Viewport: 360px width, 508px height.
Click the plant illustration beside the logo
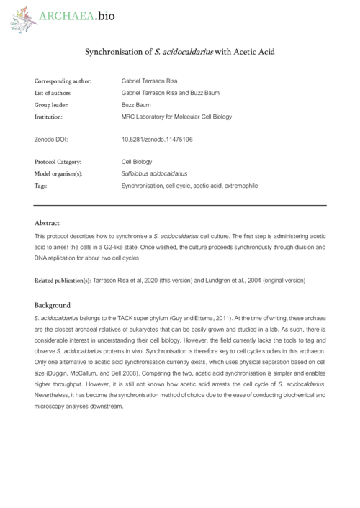pyautogui.click(x=21, y=19)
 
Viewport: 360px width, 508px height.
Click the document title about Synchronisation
pyautogui.click(x=180, y=53)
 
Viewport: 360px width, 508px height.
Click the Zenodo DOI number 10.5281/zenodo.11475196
pyautogui.click(x=157, y=138)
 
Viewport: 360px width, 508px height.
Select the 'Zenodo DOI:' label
pyautogui.click(x=53, y=138)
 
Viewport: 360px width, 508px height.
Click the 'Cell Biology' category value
pyautogui.click(x=138, y=162)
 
